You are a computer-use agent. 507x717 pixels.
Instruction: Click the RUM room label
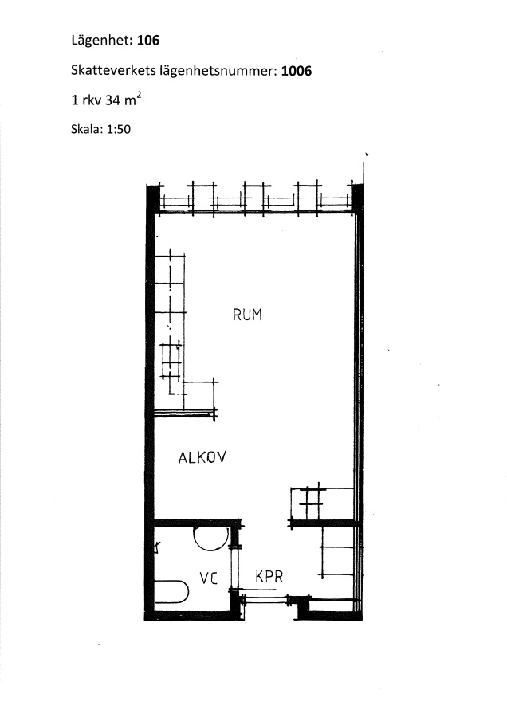point(247,315)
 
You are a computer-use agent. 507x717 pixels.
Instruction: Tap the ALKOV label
point(202,457)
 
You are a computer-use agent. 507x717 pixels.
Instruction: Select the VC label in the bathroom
point(208,578)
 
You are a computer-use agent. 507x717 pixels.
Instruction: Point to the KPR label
point(269,576)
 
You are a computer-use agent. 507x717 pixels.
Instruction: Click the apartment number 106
point(148,41)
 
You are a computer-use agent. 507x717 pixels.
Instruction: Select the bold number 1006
point(297,71)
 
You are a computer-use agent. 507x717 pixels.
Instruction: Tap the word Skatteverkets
point(113,71)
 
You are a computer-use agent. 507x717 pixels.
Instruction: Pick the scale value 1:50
point(119,129)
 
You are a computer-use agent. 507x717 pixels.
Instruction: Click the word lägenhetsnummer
point(218,72)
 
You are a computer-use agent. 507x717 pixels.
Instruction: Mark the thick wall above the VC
point(197,522)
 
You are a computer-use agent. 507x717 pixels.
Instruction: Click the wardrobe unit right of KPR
point(337,551)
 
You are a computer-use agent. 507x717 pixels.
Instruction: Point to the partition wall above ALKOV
point(185,413)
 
